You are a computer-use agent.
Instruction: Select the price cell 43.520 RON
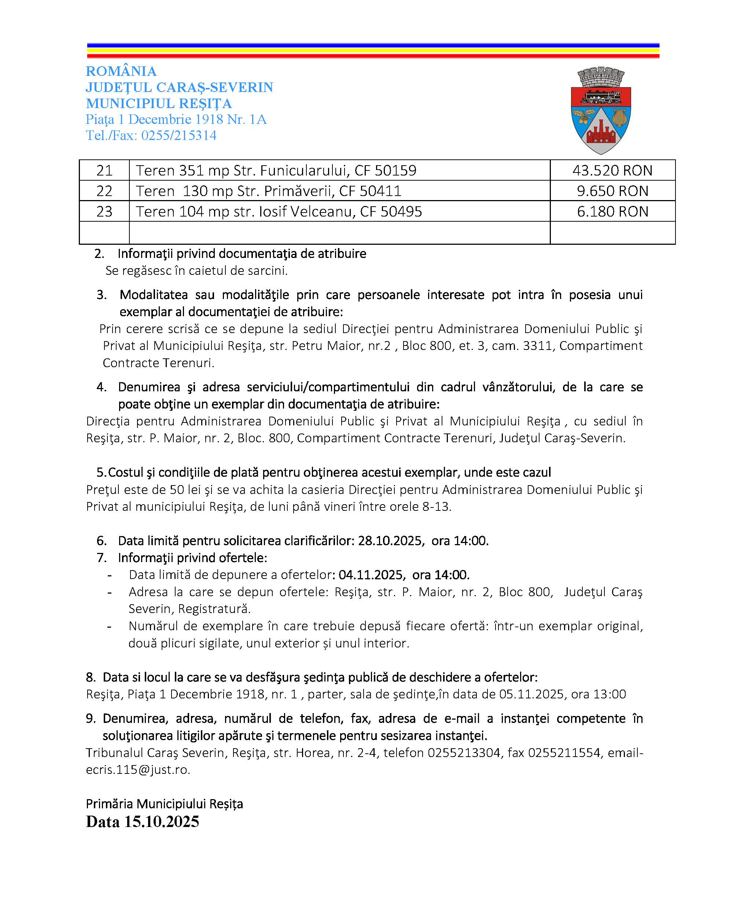click(612, 170)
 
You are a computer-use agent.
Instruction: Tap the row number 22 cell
click(104, 191)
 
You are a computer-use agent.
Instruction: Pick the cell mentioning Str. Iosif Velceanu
click(279, 211)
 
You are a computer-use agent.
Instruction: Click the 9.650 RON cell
click(612, 191)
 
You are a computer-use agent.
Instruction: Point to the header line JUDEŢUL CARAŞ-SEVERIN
click(179, 87)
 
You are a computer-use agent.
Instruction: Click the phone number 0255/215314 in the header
click(179, 135)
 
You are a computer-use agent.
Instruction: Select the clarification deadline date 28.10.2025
click(390, 541)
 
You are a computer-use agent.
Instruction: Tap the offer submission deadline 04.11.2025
click(371, 575)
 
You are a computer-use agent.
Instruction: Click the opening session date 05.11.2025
click(531, 694)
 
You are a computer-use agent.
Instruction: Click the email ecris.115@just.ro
click(138, 769)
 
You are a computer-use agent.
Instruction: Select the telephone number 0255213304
click(464, 752)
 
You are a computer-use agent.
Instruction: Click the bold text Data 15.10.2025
click(143, 822)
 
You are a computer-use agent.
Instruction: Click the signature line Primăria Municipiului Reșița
click(164, 804)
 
